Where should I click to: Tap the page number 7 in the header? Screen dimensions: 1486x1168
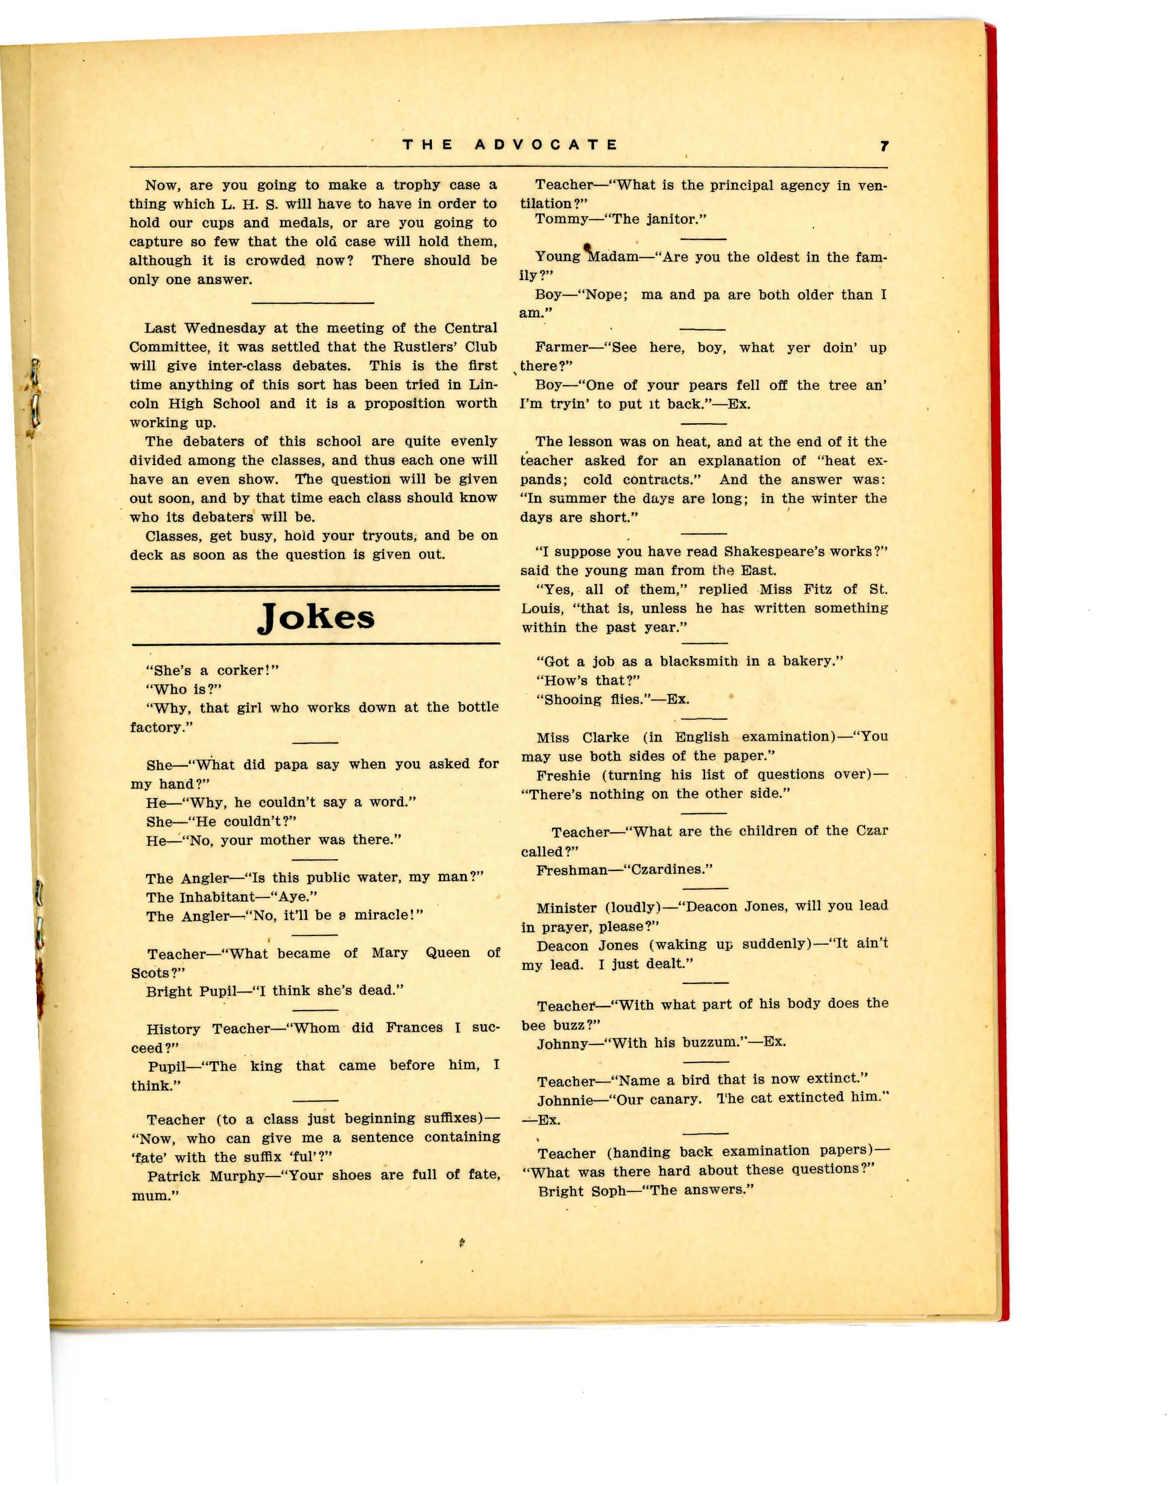coord(884,146)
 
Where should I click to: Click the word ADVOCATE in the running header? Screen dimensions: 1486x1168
coord(546,145)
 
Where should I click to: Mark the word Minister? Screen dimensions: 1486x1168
coord(566,908)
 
